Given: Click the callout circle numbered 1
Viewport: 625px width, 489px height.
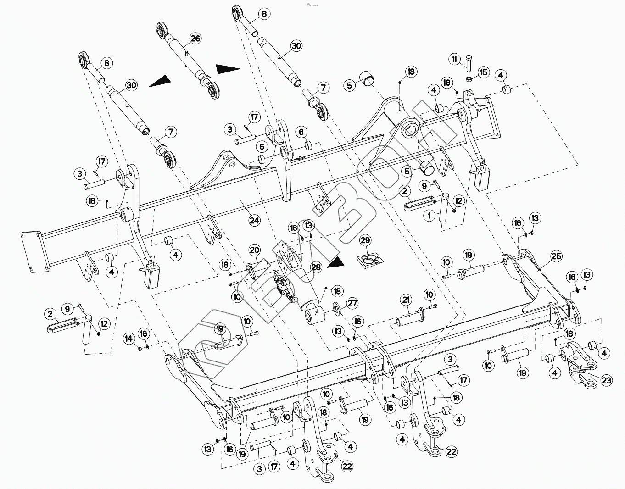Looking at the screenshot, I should coord(429,215).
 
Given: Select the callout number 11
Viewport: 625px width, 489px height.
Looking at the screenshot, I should coord(455,59).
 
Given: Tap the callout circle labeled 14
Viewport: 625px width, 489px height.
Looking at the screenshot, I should coord(129,339).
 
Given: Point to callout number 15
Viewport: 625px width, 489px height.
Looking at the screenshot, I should coord(483,72).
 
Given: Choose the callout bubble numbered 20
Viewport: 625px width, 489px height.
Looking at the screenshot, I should coord(255,250).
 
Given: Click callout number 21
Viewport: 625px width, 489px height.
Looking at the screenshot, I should coord(406,300).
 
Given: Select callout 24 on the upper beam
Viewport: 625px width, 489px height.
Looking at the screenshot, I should coord(254,220).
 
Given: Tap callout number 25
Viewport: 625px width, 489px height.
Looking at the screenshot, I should coord(556,256).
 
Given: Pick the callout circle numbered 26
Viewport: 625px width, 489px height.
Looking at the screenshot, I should coord(195,39).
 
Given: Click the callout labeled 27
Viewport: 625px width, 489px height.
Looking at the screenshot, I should coord(352,303).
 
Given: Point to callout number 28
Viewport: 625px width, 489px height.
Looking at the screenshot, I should coord(316,267).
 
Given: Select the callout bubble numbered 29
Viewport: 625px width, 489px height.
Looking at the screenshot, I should coord(365,240).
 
